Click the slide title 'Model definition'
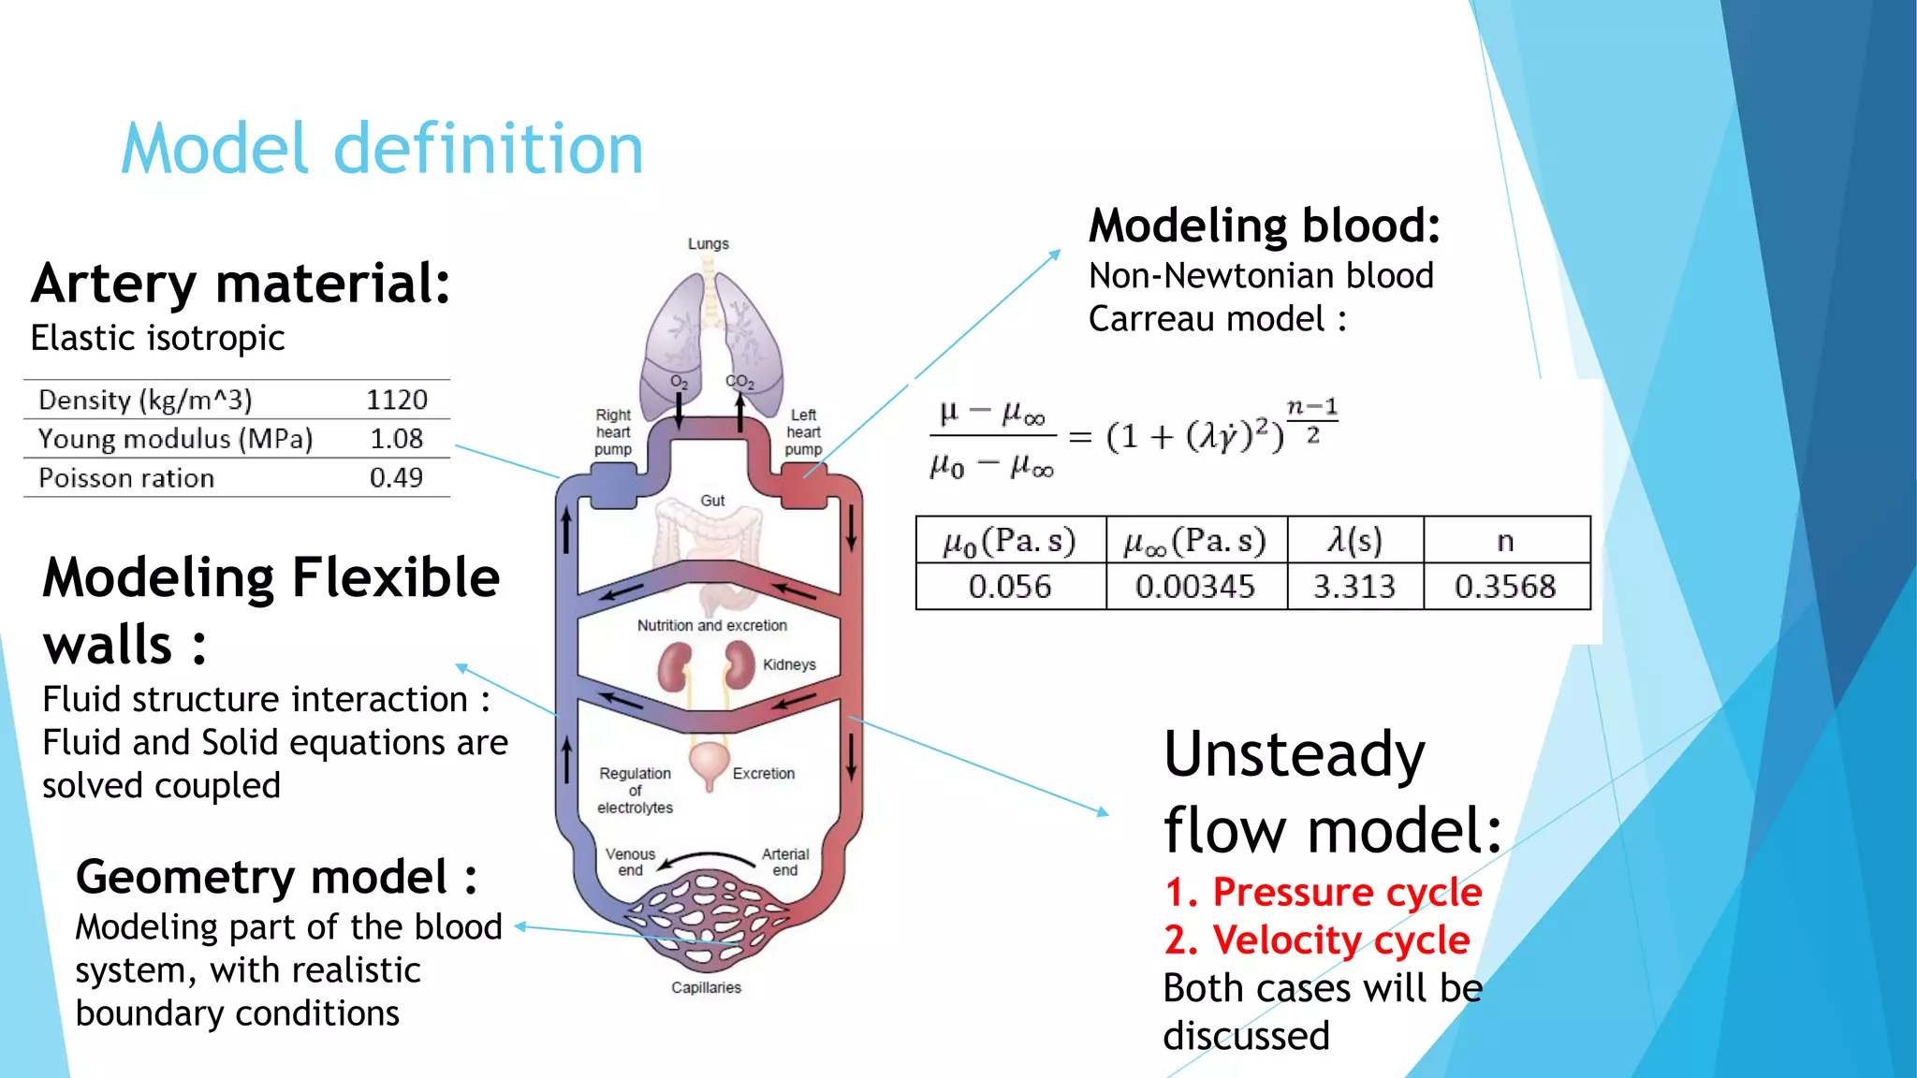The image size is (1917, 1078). click(382, 149)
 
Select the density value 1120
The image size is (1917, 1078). click(396, 400)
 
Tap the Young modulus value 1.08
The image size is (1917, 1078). click(396, 439)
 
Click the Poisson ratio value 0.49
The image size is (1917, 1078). click(396, 478)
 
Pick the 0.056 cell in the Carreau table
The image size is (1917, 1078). click(1009, 587)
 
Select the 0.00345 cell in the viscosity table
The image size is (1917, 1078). click(1194, 587)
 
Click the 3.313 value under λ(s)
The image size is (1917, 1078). click(1354, 587)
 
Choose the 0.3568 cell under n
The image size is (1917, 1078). click(1504, 587)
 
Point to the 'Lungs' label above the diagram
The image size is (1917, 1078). click(708, 244)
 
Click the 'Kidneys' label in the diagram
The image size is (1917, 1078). click(788, 664)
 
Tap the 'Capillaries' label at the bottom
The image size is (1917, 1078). click(706, 987)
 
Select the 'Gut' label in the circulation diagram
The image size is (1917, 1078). click(712, 501)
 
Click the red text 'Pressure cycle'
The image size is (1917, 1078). click(1346, 892)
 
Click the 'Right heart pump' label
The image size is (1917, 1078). click(613, 432)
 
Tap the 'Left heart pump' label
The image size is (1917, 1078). click(803, 432)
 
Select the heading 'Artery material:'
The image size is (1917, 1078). click(241, 284)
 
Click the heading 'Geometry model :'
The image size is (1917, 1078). click(276, 877)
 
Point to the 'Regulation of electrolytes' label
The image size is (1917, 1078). click(635, 791)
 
